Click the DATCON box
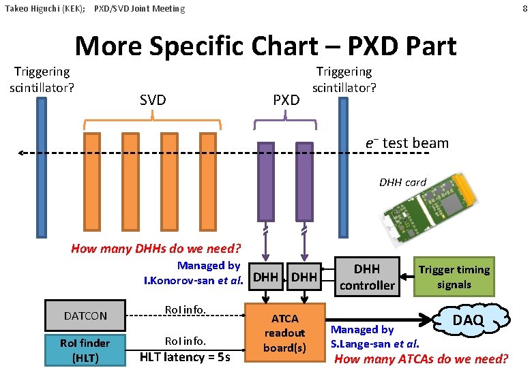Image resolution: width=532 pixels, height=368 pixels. pyautogui.click(x=85, y=316)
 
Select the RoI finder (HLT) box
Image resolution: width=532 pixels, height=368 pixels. pyautogui.click(x=85, y=350)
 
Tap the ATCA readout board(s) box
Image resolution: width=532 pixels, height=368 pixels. pyautogui.click(x=284, y=333)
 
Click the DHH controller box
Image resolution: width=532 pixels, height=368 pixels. pyautogui.click(x=367, y=277)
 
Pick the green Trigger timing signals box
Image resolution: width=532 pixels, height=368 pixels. pyautogui.click(x=454, y=277)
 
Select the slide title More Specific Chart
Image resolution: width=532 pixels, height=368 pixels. pyautogui.click(x=265, y=46)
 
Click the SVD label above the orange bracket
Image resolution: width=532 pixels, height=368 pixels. pyautogui.click(x=153, y=100)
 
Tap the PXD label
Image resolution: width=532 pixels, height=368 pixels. pyautogui.click(x=286, y=100)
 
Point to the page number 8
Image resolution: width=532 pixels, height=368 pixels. pyautogui.click(x=524, y=8)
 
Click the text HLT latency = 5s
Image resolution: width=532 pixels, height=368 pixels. pyautogui.click(x=186, y=357)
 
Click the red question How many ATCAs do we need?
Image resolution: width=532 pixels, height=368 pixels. pyautogui.click(x=422, y=358)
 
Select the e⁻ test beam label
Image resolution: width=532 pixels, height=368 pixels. pyautogui.click(x=407, y=143)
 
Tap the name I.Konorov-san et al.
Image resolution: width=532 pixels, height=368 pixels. pyautogui.click(x=193, y=280)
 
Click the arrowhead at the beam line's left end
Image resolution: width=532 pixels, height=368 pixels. pyautogui.click(x=22, y=153)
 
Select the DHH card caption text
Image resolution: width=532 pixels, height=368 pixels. pyautogui.click(x=402, y=182)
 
